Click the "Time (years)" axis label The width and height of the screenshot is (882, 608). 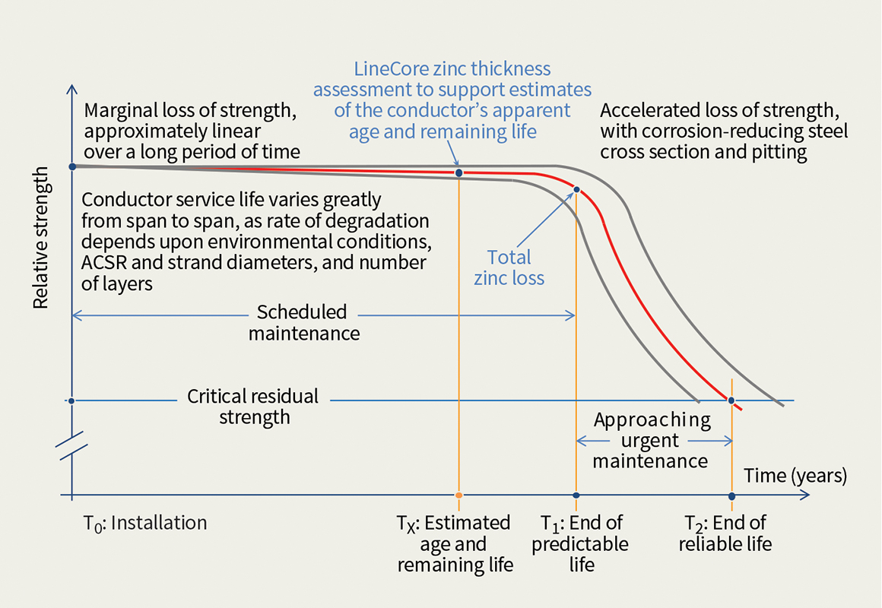[795, 477]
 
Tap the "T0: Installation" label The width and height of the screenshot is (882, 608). [144, 524]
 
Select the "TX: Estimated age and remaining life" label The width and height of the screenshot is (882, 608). [454, 543]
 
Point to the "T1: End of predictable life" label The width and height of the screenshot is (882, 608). [581, 543]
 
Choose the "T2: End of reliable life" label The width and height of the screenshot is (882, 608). [725, 533]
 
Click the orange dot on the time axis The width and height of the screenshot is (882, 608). [458, 496]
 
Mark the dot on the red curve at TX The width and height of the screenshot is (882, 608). [458, 173]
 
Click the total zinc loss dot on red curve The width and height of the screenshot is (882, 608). [576, 190]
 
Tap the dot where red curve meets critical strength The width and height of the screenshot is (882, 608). [731, 401]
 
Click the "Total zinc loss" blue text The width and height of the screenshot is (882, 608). [509, 267]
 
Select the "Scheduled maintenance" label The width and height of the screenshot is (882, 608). [303, 322]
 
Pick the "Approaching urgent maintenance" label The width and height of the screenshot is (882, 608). [652, 441]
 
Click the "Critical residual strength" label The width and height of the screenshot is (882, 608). [253, 406]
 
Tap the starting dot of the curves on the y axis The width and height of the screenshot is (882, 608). [71, 166]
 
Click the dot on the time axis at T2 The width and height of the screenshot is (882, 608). [731, 496]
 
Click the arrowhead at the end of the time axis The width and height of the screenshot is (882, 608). [805, 496]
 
